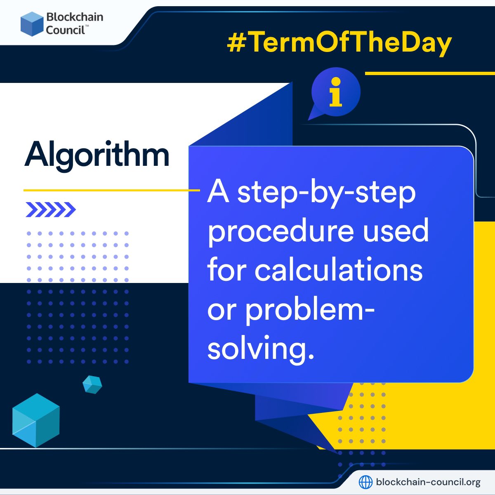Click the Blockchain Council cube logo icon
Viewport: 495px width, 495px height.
[x=32, y=24]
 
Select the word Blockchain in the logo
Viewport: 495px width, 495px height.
[x=75, y=17]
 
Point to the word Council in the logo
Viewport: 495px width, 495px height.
[x=65, y=30]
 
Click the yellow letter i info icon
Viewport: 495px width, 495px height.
[x=336, y=92]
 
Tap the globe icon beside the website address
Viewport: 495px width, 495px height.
[x=365, y=481]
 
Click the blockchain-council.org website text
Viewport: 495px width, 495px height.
[x=428, y=482]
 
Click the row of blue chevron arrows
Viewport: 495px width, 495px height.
[x=51, y=210]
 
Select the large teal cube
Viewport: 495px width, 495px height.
[x=36, y=420]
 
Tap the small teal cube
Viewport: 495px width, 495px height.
[x=92, y=384]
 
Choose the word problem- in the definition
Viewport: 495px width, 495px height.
[x=310, y=309]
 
